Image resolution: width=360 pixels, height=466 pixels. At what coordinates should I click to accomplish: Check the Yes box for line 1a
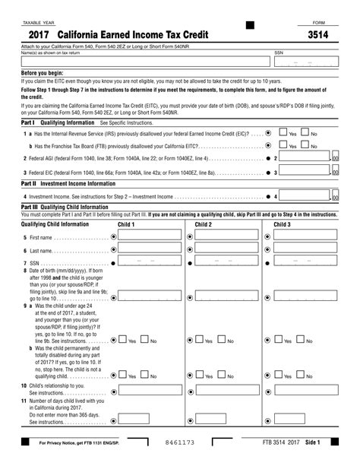[x=283, y=133]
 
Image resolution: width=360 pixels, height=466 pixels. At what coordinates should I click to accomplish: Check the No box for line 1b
[x=305, y=145]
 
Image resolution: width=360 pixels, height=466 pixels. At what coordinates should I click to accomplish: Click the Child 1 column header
[x=126, y=224]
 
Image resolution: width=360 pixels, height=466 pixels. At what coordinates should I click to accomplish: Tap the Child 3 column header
[x=281, y=224]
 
